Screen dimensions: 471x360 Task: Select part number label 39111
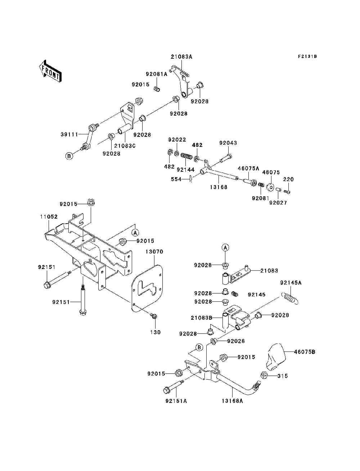(69, 135)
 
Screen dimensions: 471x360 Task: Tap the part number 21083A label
(181, 57)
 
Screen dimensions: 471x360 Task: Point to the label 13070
(154, 252)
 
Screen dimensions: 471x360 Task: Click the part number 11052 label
(49, 217)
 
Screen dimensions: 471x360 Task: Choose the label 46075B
(304, 351)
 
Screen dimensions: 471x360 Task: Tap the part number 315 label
(283, 376)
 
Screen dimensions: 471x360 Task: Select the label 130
(156, 332)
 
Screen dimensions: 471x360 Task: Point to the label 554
(176, 179)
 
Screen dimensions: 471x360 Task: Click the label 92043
(228, 143)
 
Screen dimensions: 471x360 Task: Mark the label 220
(288, 179)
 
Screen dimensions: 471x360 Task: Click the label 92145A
(291, 283)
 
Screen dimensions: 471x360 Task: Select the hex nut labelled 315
(263, 376)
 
